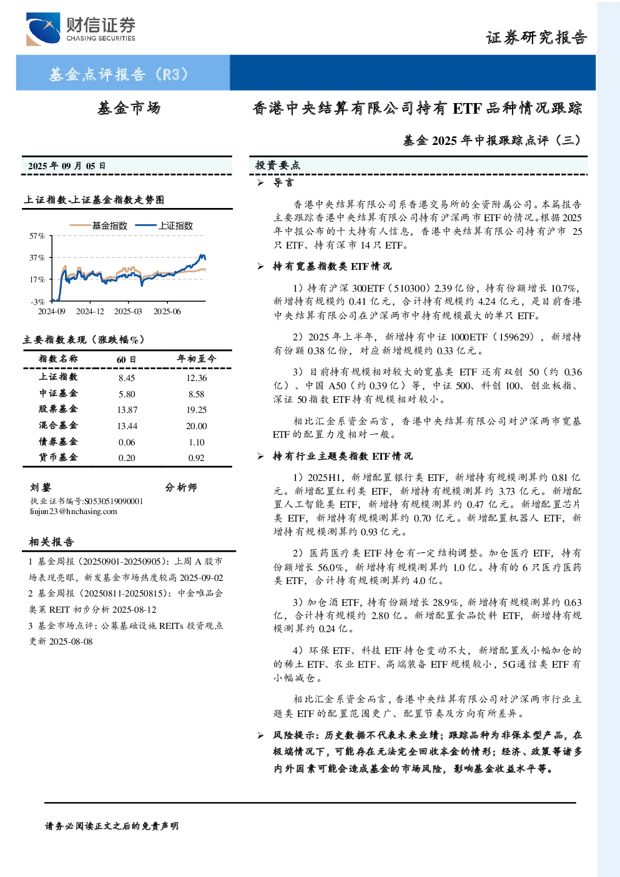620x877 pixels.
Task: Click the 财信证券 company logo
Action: point(81,29)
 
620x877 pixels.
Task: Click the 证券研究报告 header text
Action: point(536,37)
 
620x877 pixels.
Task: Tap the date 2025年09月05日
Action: point(67,166)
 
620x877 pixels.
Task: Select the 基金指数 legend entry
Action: point(99,225)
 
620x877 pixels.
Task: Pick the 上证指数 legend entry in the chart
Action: point(164,225)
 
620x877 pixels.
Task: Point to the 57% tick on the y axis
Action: point(37,235)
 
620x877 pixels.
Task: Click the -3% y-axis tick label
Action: point(37,302)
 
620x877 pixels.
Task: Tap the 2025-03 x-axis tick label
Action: point(128,311)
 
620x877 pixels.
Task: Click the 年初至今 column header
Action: point(197,359)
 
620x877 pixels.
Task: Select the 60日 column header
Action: point(126,359)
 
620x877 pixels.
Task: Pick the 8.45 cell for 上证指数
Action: point(127,378)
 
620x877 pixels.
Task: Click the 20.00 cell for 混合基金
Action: point(197,426)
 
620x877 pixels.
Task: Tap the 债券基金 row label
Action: point(58,442)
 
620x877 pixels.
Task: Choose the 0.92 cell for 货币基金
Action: point(197,458)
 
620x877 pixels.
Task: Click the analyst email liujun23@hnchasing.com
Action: point(74,512)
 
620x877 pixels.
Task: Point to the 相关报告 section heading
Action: point(51,542)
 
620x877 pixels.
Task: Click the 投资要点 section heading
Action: point(278,166)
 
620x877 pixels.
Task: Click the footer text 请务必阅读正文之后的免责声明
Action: point(112,826)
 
